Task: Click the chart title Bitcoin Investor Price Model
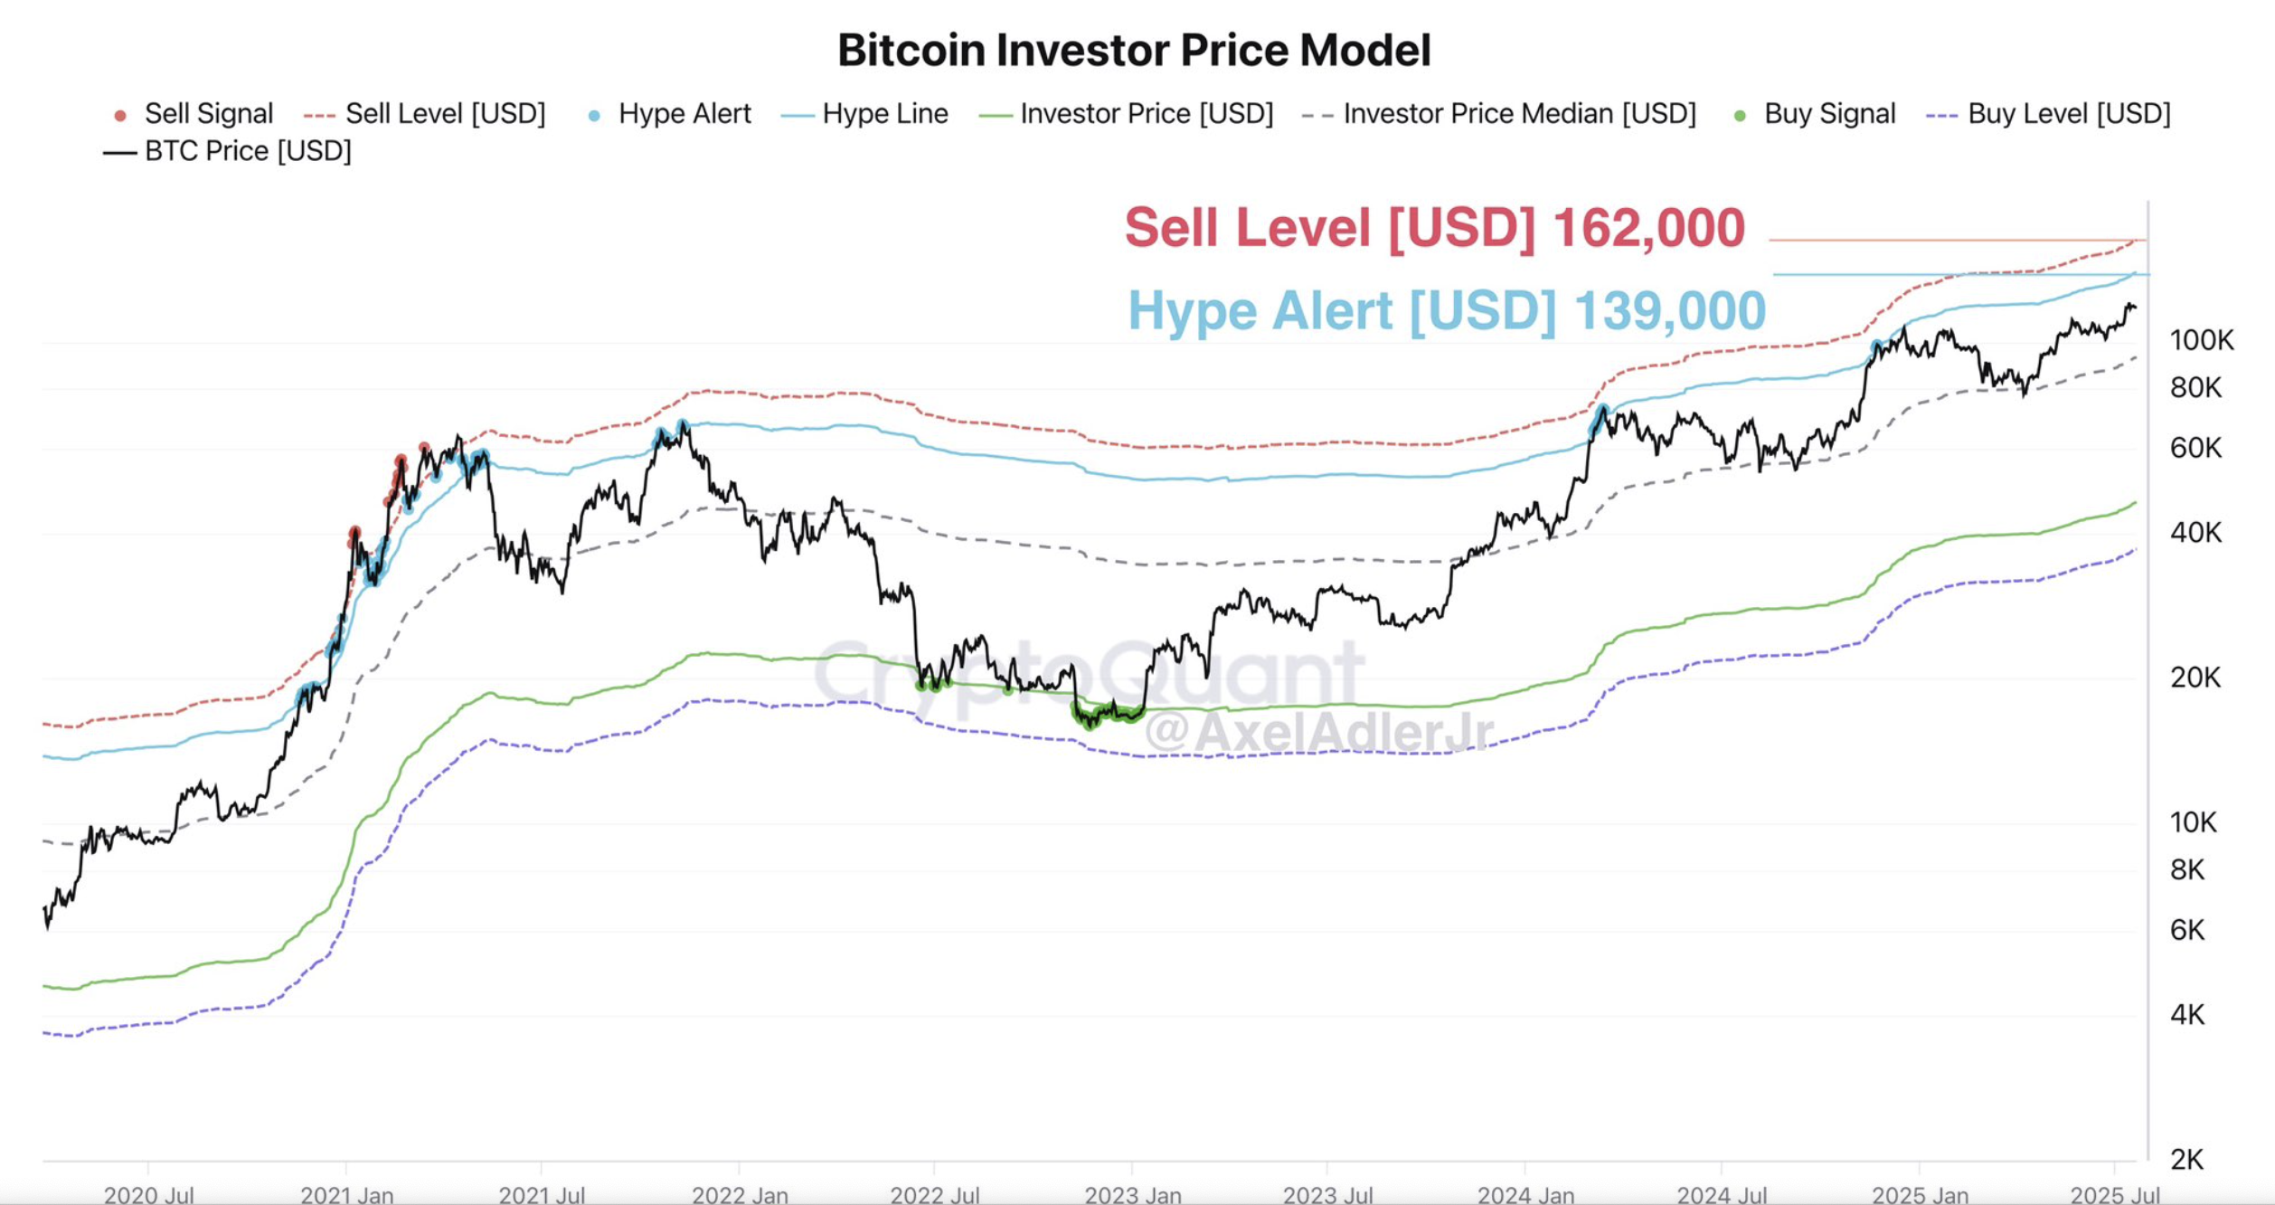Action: click(x=1134, y=51)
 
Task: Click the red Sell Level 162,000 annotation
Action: click(x=1434, y=227)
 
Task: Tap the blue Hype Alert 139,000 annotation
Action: click(x=1447, y=310)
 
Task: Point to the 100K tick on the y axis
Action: click(x=2201, y=341)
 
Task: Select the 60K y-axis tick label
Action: click(x=2195, y=448)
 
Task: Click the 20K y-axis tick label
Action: click(x=2195, y=678)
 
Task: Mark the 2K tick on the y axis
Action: click(x=2187, y=1160)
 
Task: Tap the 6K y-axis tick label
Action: click(x=2187, y=930)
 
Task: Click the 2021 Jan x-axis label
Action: click(x=346, y=1195)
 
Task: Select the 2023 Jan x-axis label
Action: click(x=1132, y=1195)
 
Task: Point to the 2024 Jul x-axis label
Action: click(x=1722, y=1195)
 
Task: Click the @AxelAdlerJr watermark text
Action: click(x=1319, y=732)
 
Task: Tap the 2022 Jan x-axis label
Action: click(x=740, y=1195)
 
